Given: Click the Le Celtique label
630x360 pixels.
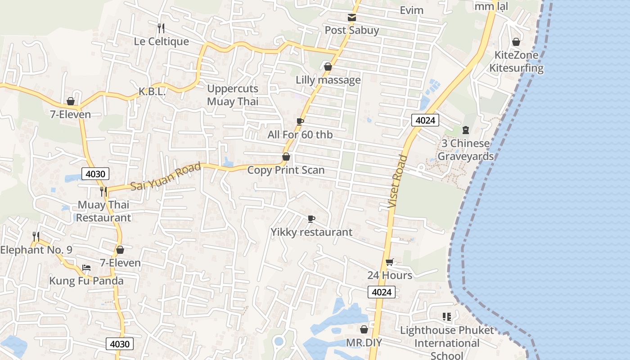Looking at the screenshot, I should pyautogui.click(x=161, y=41).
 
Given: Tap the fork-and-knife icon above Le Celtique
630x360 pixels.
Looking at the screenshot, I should pyautogui.click(x=161, y=28).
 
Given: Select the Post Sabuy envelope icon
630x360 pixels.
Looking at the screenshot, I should pyautogui.click(x=352, y=18).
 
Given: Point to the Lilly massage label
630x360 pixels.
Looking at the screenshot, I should pyautogui.click(x=328, y=80).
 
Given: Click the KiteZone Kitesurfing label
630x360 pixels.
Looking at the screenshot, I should pyautogui.click(x=516, y=62).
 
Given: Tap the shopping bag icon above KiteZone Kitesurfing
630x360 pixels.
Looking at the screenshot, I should pyautogui.click(x=516, y=42).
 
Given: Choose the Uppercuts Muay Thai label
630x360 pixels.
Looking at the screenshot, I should pyautogui.click(x=233, y=95).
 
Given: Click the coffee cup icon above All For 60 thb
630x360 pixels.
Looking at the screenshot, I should pyautogui.click(x=300, y=121).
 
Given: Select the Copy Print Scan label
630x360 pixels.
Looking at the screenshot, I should pyautogui.click(x=286, y=170).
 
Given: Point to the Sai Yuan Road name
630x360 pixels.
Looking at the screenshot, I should pyautogui.click(x=166, y=176).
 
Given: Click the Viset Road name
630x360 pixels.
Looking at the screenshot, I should pyautogui.click(x=398, y=182).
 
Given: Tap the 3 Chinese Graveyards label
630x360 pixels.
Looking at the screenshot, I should pyautogui.click(x=465, y=150).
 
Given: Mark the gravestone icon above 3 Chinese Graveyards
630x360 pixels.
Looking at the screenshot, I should pyautogui.click(x=466, y=130).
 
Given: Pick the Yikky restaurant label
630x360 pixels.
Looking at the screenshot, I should pyautogui.click(x=311, y=232).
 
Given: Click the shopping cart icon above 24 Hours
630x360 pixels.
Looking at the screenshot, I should pyautogui.click(x=390, y=262).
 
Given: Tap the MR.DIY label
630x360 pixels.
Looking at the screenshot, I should pyautogui.click(x=364, y=343).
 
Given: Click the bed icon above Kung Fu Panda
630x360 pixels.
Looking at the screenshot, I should pyautogui.click(x=86, y=267).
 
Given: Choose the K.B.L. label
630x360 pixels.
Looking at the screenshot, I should pyautogui.click(x=152, y=92).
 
